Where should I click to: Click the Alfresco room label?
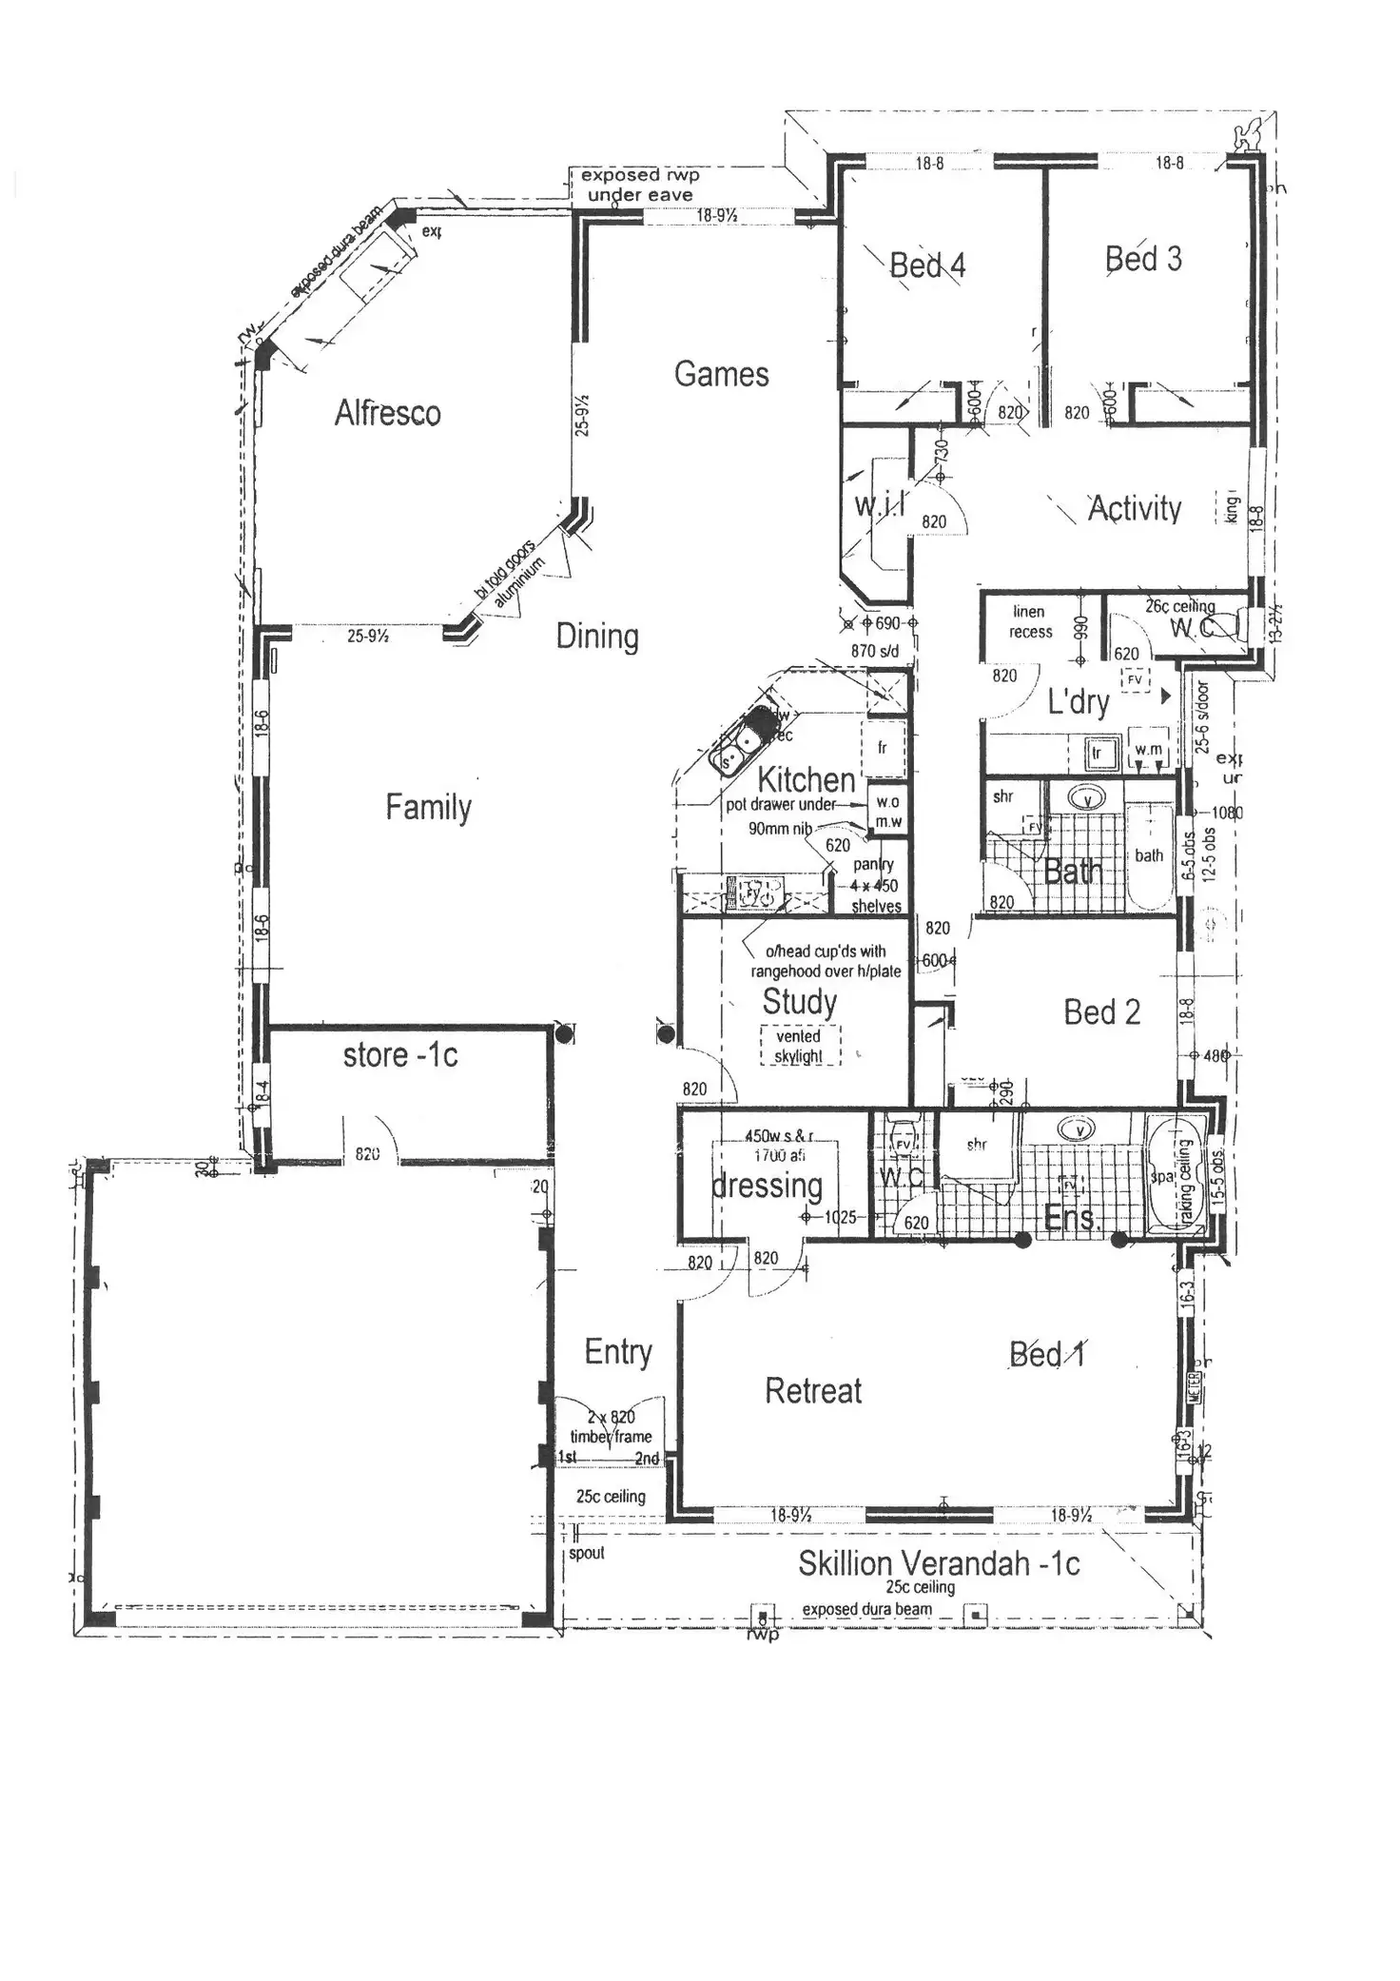tap(387, 413)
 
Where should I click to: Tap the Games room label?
tap(721, 374)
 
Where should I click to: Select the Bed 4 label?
tap(927, 265)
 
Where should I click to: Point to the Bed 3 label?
tap(1143, 259)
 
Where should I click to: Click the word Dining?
tap(597, 636)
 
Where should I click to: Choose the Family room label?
tap(428, 807)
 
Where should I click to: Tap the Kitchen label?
tap(807, 780)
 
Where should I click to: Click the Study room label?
tap(800, 1002)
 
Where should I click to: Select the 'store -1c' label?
tap(400, 1055)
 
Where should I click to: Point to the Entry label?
tap(618, 1352)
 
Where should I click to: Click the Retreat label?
tap(813, 1391)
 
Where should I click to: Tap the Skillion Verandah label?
tap(939, 1563)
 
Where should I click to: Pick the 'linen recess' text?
tap(1031, 621)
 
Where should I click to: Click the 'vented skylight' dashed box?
tap(800, 1046)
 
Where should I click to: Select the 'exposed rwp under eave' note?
tap(640, 185)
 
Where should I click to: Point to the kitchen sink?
tap(743, 745)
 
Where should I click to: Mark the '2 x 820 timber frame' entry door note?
tap(611, 1427)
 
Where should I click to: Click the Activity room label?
tap(1134, 508)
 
